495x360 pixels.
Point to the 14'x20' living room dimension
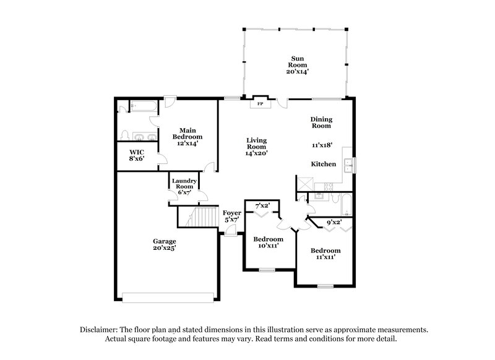tap(256, 153)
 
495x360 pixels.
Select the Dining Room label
tap(321, 122)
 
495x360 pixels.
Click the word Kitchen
tap(323, 165)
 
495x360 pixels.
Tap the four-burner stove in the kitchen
tap(322, 186)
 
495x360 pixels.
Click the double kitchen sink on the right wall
tap(348, 165)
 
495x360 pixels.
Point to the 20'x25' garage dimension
tap(165, 249)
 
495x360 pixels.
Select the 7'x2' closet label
tap(262, 204)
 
